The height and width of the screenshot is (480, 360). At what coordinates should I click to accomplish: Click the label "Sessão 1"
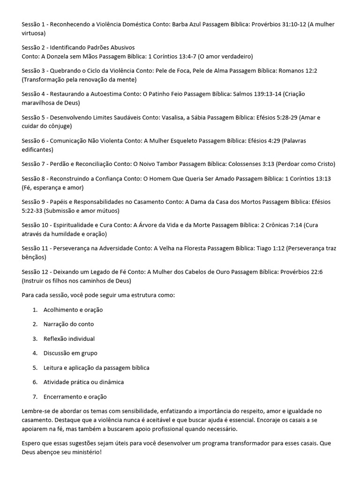(33, 24)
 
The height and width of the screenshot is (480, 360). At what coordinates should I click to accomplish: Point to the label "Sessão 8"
(33, 179)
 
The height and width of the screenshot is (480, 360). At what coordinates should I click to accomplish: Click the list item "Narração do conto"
(68, 324)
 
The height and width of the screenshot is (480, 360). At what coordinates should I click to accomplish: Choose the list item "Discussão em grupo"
(70, 353)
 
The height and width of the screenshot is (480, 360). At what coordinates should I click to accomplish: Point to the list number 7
(35, 397)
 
